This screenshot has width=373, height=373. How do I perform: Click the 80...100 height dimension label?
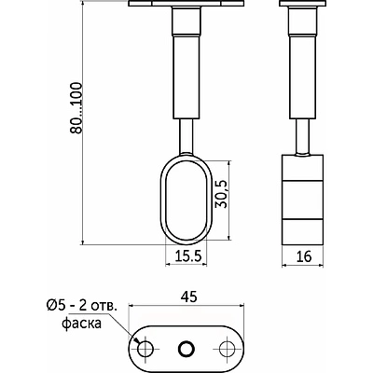tap(76, 108)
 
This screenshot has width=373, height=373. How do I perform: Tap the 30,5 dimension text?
tap(222, 194)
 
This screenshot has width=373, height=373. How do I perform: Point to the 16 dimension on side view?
tap(304, 256)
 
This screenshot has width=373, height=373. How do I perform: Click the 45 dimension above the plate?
tap(188, 297)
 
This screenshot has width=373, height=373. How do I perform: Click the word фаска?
tap(82, 324)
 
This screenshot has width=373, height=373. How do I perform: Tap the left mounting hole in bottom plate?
tap(145, 349)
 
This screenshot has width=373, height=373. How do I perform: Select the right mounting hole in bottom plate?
tap(227, 349)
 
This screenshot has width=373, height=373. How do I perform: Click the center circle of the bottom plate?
tap(186, 349)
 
